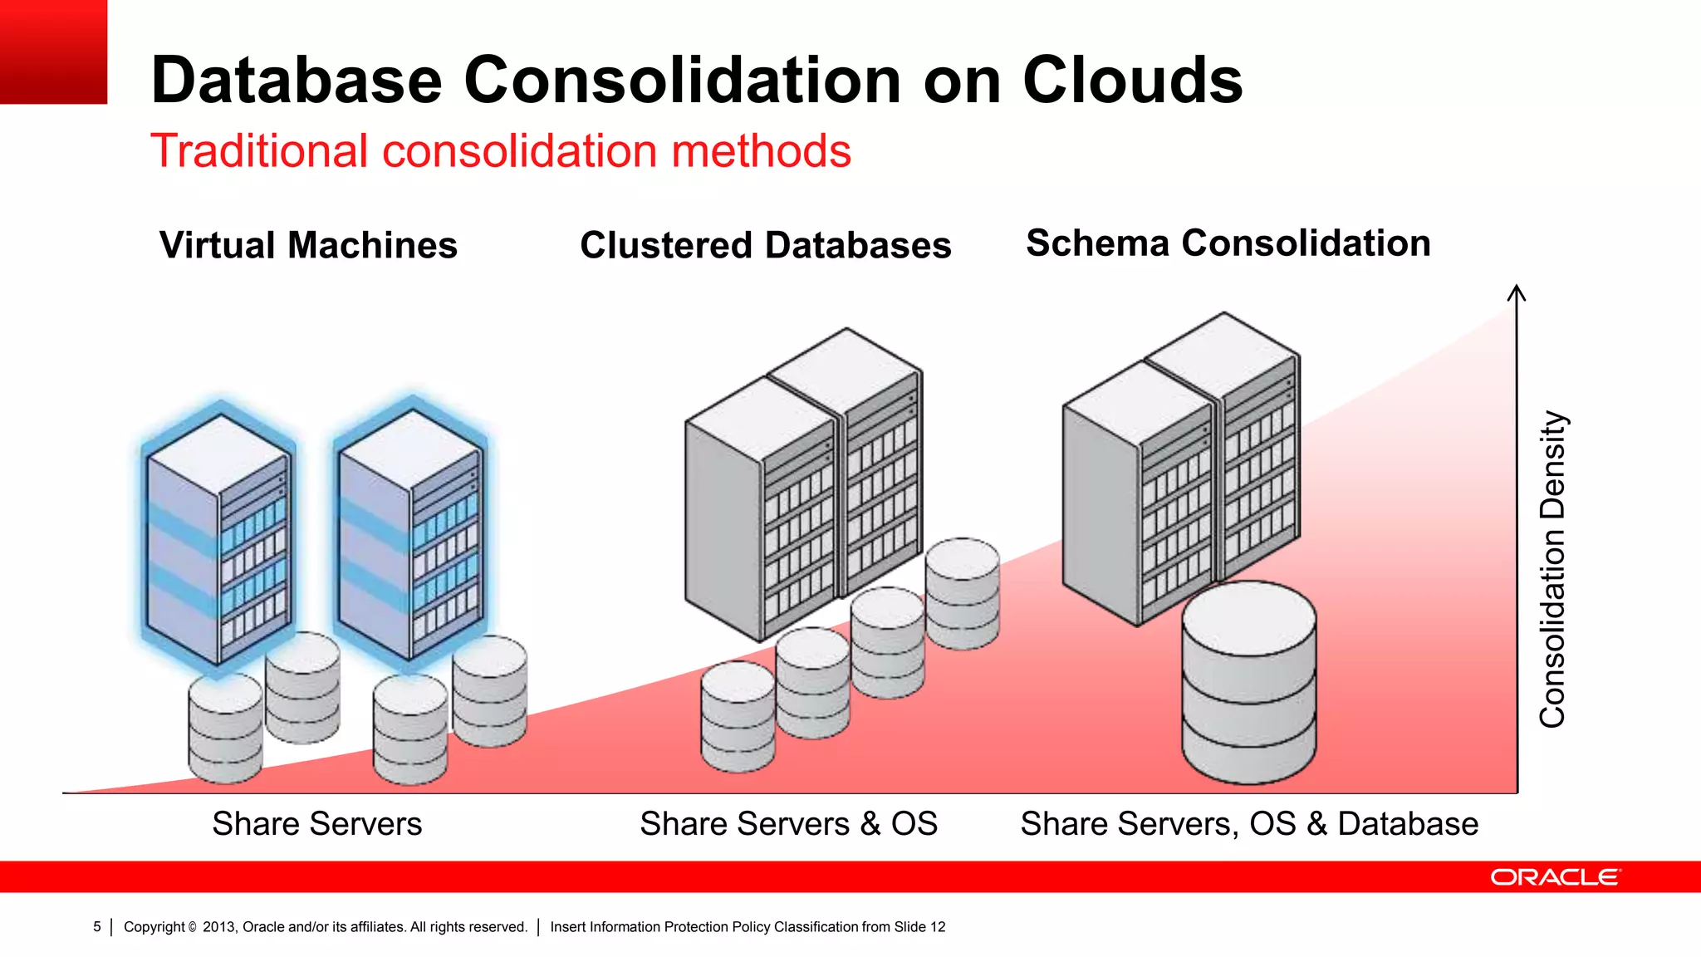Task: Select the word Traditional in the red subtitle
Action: point(258,151)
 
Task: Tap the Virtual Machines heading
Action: point(308,245)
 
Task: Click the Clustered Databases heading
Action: point(765,245)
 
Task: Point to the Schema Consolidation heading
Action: point(1228,243)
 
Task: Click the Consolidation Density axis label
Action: point(1551,569)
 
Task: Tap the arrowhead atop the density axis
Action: point(1517,292)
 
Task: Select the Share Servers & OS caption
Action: point(788,823)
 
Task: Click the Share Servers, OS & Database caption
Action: point(1249,823)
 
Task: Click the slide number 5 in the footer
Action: point(97,926)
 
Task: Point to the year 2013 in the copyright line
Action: point(219,926)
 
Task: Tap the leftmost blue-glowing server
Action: point(219,536)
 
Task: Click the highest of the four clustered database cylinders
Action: point(962,592)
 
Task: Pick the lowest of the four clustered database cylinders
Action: point(738,716)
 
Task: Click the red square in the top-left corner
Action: point(53,52)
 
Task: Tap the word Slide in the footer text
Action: point(909,926)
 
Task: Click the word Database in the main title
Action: point(297,81)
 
